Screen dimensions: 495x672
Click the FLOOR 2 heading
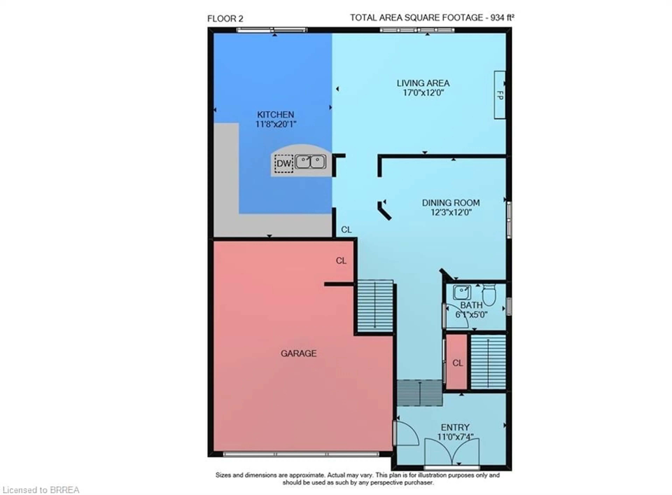(225, 19)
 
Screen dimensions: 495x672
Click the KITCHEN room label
(275, 114)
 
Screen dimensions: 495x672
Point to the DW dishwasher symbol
(283, 164)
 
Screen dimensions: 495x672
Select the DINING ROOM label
(451, 203)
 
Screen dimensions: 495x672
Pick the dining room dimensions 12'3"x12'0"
(451, 212)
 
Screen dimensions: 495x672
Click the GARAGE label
(298, 354)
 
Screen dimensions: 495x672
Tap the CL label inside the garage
(341, 261)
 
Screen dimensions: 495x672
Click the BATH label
(471, 305)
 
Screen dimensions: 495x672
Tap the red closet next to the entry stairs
(457, 362)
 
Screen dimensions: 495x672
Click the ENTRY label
(455, 427)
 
